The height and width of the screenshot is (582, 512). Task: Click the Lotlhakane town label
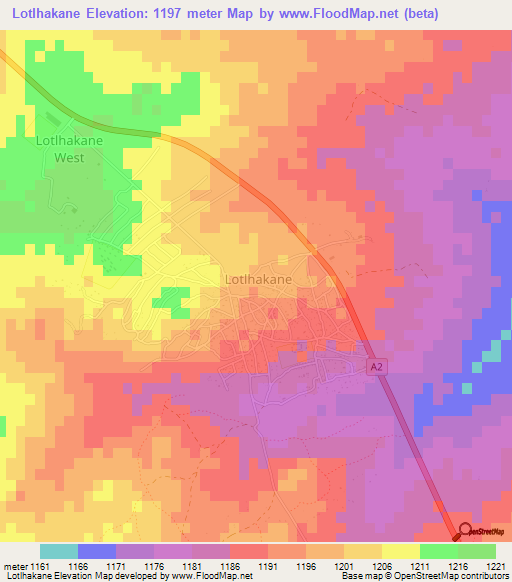259,280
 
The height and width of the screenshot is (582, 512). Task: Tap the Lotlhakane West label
69,149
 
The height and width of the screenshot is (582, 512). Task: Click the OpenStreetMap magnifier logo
466,531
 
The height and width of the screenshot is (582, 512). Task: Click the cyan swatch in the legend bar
59,551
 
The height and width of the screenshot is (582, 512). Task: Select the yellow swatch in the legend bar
401,551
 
